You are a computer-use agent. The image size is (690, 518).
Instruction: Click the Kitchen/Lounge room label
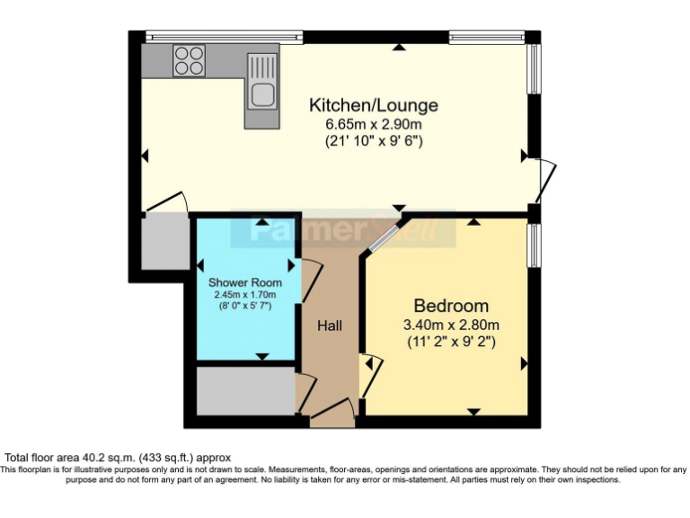[374, 104]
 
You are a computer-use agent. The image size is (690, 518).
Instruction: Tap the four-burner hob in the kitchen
[190, 61]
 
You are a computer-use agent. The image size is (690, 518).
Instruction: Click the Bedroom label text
[451, 305]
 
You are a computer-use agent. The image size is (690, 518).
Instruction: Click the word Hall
[329, 325]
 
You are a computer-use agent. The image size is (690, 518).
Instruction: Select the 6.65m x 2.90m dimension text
[374, 123]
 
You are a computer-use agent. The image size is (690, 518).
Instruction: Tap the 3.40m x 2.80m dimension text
[451, 325]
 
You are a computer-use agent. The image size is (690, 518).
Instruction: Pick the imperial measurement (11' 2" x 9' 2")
[451, 342]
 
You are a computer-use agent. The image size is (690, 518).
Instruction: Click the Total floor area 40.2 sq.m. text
[117, 457]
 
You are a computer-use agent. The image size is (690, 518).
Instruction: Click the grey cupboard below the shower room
[245, 391]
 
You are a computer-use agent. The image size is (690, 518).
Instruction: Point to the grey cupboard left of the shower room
[164, 240]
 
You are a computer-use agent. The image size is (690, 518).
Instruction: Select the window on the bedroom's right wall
[534, 245]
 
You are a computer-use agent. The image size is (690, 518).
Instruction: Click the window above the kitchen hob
[224, 37]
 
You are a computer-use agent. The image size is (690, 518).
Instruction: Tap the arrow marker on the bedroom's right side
[524, 363]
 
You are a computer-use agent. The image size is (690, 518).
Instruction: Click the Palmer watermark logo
[341, 231]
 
